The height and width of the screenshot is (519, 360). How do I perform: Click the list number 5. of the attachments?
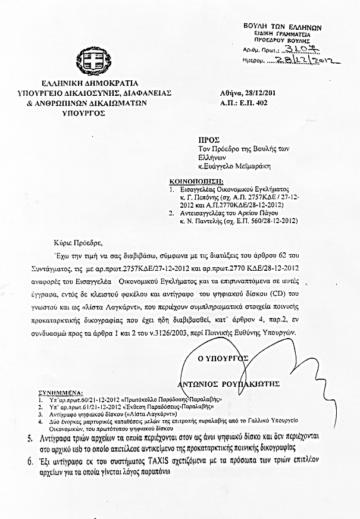[31, 439]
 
